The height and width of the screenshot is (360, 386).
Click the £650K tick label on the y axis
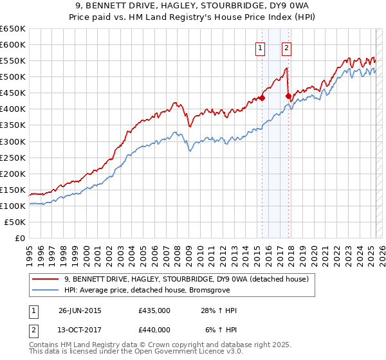tap(13, 29)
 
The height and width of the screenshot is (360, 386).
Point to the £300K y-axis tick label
tap(13, 141)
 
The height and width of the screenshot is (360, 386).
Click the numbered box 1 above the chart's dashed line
tap(261, 47)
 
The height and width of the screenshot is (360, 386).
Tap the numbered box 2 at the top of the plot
tap(286, 47)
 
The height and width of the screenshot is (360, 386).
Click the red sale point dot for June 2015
tap(262, 98)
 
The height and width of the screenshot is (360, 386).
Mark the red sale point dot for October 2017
tap(288, 96)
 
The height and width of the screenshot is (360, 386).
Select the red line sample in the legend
tap(46, 279)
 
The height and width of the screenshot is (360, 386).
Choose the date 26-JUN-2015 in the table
tap(80, 310)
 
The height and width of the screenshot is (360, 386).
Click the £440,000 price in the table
tap(154, 330)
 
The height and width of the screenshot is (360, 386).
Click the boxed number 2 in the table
tap(33, 330)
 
